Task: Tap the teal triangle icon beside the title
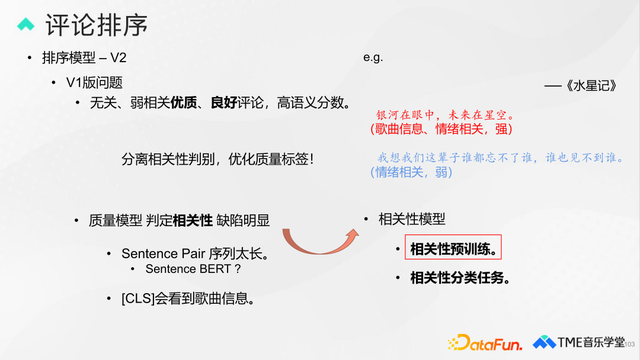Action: pos(26,23)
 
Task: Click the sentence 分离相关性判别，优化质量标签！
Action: pos(217,158)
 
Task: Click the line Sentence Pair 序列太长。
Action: pos(187,253)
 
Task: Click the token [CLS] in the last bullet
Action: pos(137,297)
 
